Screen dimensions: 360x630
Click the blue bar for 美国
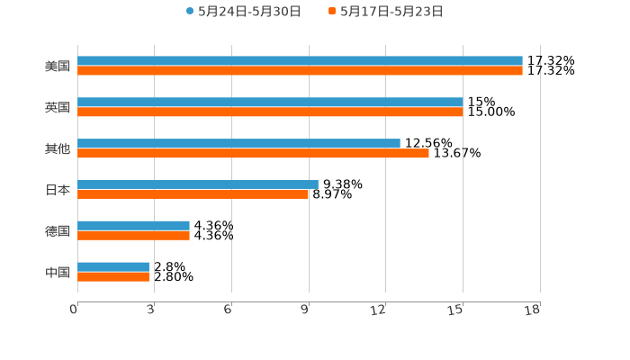point(300,61)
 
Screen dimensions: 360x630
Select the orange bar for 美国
point(300,70)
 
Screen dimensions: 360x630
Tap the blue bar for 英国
point(270,103)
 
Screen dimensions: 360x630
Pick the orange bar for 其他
point(253,153)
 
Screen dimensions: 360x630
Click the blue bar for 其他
point(238,144)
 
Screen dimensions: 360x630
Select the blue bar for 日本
point(198,184)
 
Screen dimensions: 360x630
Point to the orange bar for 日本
point(193,193)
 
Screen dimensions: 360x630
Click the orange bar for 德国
point(133,235)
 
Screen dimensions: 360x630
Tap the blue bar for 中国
point(113,267)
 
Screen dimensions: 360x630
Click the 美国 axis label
point(58,66)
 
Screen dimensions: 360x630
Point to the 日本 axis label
point(58,190)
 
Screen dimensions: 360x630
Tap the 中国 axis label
point(58,272)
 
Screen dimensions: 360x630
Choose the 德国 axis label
point(58,230)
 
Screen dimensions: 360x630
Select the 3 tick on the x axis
point(151,310)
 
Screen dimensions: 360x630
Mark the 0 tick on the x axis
point(75,310)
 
